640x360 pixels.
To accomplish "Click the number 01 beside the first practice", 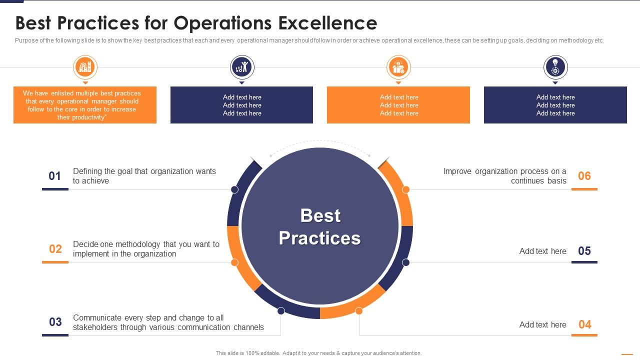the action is click(x=54, y=176).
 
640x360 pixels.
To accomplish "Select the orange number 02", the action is click(x=55, y=249).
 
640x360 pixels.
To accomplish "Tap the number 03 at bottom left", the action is click(x=55, y=322).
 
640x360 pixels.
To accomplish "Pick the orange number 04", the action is click(x=585, y=324).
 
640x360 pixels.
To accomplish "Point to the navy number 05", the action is click(x=584, y=251).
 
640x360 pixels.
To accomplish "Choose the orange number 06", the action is click(x=584, y=176).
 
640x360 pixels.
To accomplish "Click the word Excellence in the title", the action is click(x=327, y=23).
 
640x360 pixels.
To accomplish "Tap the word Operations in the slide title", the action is click(x=222, y=23).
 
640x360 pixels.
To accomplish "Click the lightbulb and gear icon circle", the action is click(x=555, y=67).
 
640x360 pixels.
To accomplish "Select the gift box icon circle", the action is click(x=398, y=67).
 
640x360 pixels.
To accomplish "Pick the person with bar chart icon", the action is click(x=242, y=67).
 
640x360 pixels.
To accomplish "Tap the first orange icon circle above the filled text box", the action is click(x=85, y=67).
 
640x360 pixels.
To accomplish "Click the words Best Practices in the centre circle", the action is click(x=320, y=226).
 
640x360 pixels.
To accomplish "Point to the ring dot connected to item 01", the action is click(x=234, y=189).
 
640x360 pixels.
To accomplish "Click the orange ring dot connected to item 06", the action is click(x=405, y=189).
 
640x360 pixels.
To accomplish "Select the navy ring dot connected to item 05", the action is click(x=405, y=262).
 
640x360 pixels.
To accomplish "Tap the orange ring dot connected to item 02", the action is click(x=234, y=262).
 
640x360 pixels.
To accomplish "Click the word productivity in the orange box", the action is click(x=88, y=117).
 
